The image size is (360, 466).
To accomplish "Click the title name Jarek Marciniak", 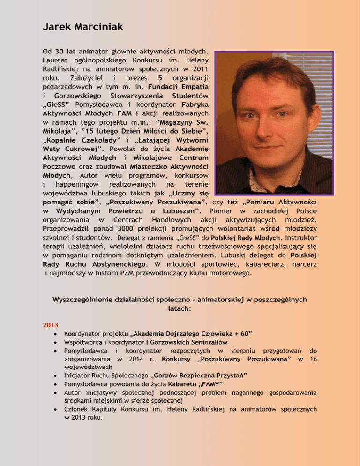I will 82,27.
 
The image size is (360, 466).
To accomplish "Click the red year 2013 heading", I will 50,324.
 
